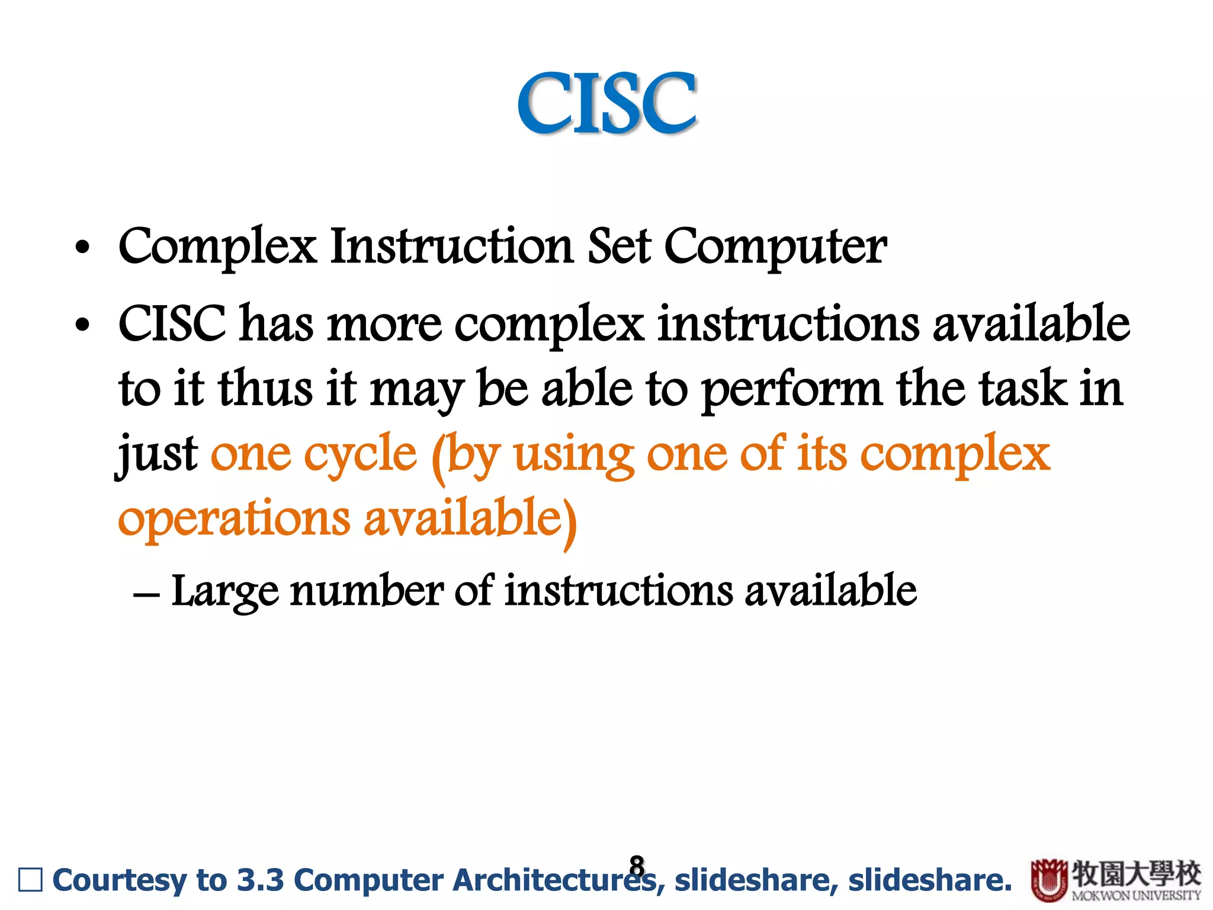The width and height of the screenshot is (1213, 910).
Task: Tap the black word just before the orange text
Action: coord(158,455)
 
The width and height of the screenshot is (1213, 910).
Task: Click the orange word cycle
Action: coord(361,455)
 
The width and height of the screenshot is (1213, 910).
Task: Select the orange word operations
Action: coord(235,519)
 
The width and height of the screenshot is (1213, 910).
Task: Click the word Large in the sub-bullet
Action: coord(224,591)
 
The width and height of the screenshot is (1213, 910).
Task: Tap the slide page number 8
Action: coord(637,866)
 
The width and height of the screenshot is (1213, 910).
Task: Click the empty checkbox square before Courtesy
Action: coord(31,880)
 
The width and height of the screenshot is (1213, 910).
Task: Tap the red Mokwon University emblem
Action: coord(1049,880)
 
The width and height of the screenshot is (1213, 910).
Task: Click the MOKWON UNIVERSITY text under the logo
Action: coord(1136,896)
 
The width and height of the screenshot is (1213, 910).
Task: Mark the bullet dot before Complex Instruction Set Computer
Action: coord(82,248)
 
